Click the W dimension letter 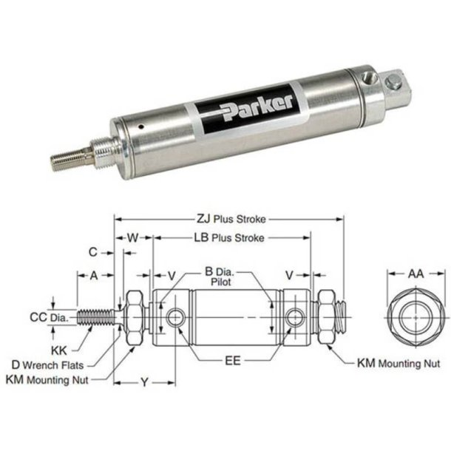133,238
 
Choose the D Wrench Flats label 49,364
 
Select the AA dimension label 416,274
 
